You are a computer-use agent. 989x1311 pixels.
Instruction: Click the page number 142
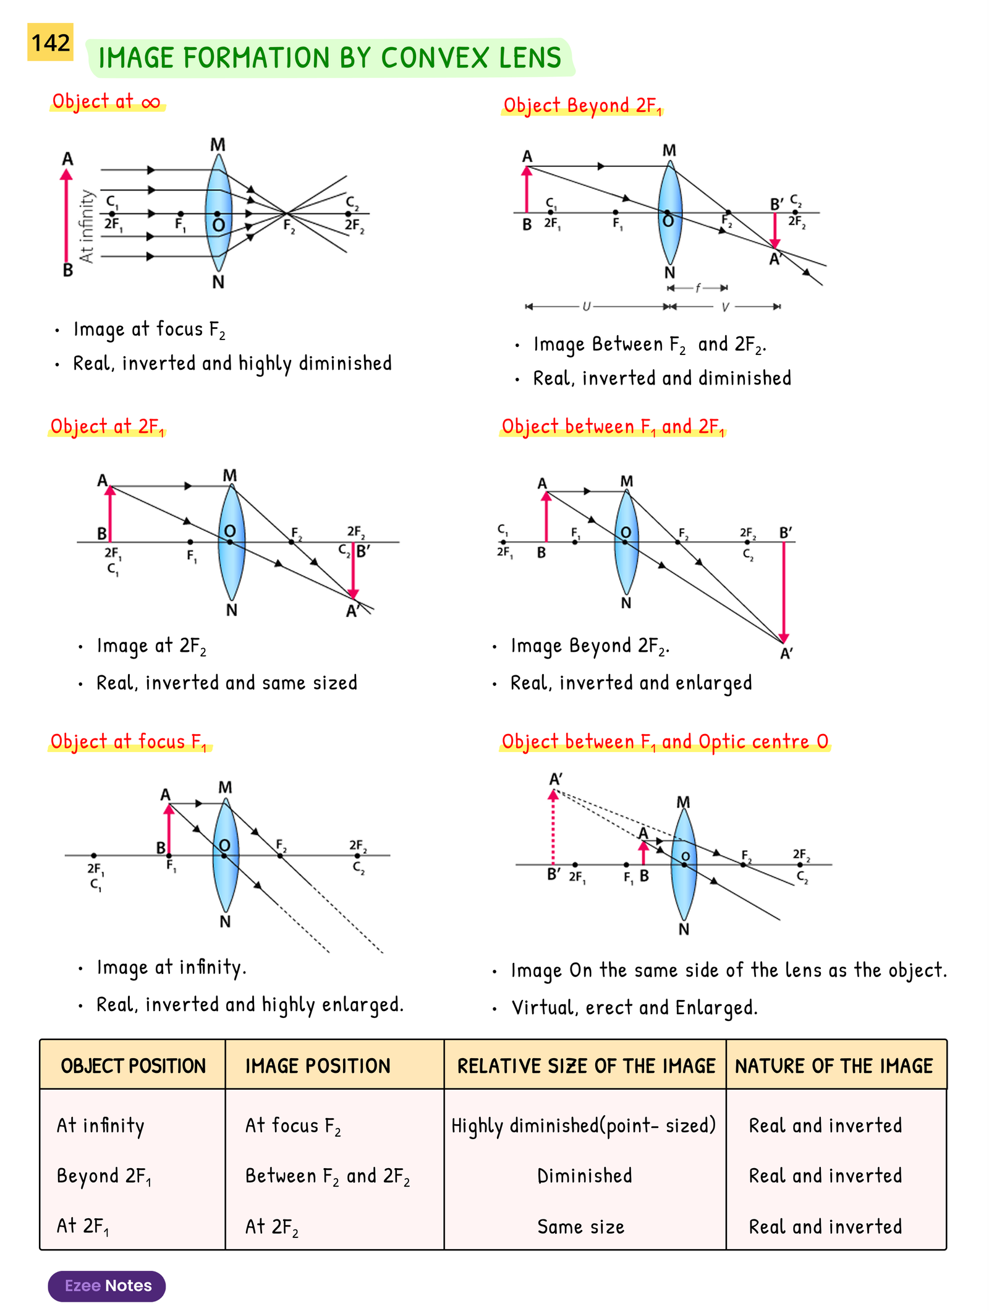pyautogui.click(x=50, y=43)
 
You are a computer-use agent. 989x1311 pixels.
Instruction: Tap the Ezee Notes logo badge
pyautogui.click(x=107, y=1286)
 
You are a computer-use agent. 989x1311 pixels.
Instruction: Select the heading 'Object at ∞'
pyautogui.click(x=106, y=101)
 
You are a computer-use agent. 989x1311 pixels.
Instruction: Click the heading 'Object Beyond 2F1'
pyautogui.click(x=582, y=106)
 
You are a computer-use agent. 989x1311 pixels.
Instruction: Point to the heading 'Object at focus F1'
pyautogui.click(x=129, y=741)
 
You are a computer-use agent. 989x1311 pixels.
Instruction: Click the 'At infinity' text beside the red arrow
pyautogui.click(x=87, y=226)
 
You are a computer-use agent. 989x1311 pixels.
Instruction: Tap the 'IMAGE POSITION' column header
pyautogui.click(x=318, y=1065)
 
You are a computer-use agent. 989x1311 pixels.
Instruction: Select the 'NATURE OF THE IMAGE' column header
pyautogui.click(x=834, y=1065)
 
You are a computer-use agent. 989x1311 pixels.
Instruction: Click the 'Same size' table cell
pyautogui.click(x=580, y=1226)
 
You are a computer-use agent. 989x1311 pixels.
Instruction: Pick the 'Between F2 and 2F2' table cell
pyautogui.click(x=328, y=1176)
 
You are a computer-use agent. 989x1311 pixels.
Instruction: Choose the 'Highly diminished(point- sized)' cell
pyautogui.click(x=584, y=1125)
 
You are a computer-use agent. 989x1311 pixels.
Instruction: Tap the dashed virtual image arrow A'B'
pyautogui.click(x=553, y=829)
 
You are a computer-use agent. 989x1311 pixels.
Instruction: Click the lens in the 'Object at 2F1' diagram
pyautogui.click(x=231, y=542)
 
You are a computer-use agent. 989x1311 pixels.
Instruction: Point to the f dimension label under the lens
pyautogui.click(x=698, y=288)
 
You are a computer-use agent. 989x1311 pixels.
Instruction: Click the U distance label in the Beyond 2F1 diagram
pyautogui.click(x=587, y=306)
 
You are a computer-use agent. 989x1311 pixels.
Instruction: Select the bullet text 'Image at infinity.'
pyautogui.click(x=171, y=967)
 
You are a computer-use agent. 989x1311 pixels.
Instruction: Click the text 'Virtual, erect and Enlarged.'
pyautogui.click(x=634, y=1007)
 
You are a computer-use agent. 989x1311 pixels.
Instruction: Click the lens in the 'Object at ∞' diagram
pyautogui.click(x=218, y=213)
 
